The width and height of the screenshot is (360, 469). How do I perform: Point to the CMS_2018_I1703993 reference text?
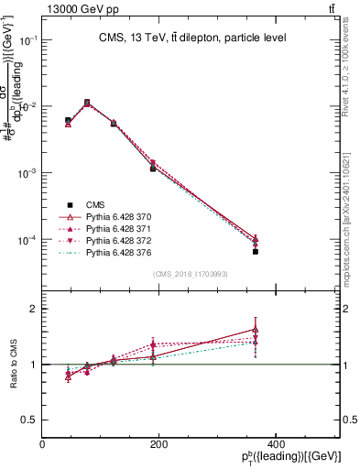coord(191,274)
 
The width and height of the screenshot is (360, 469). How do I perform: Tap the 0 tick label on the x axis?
coord(42,444)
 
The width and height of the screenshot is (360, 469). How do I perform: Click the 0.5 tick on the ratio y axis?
coord(27,420)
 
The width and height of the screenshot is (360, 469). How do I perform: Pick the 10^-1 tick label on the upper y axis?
coord(26,40)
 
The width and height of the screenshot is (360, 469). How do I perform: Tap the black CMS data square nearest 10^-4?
coord(256,252)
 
